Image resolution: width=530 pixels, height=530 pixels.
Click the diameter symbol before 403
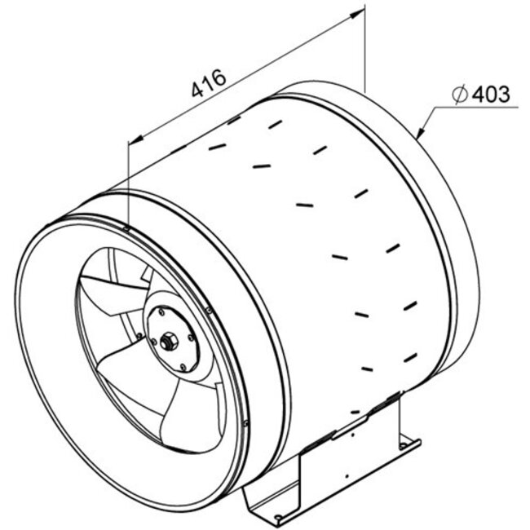point(459,95)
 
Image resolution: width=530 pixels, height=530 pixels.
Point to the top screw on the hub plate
point(162,311)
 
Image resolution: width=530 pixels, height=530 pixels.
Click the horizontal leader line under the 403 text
point(482,108)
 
